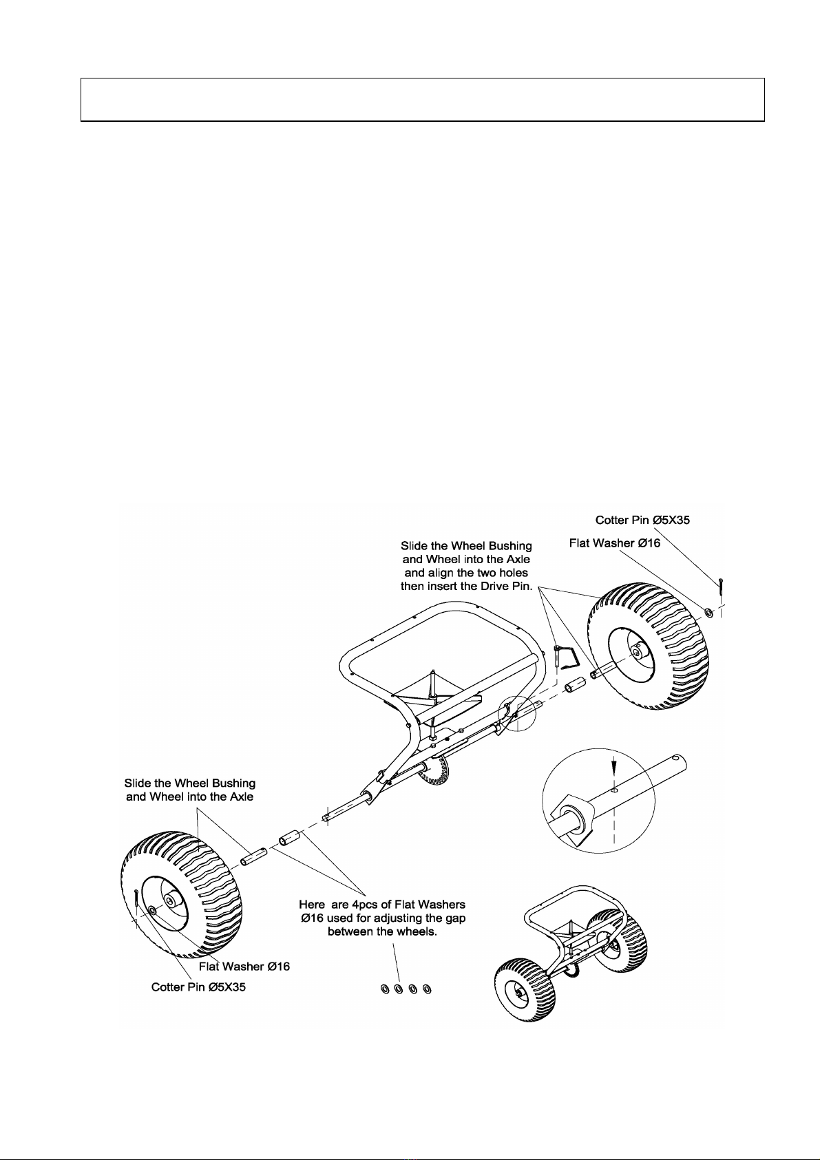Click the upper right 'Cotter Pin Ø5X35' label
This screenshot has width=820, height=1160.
click(x=642, y=520)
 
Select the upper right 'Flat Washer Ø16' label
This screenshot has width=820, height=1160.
click(x=614, y=543)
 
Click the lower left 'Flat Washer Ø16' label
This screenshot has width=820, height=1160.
click(x=244, y=967)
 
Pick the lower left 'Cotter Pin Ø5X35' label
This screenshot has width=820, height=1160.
click(x=198, y=987)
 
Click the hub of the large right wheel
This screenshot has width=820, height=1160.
click(x=638, y=649)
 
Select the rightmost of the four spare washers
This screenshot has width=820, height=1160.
click(x=427, y=989)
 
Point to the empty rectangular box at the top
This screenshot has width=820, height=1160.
click(x=423, y=99)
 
